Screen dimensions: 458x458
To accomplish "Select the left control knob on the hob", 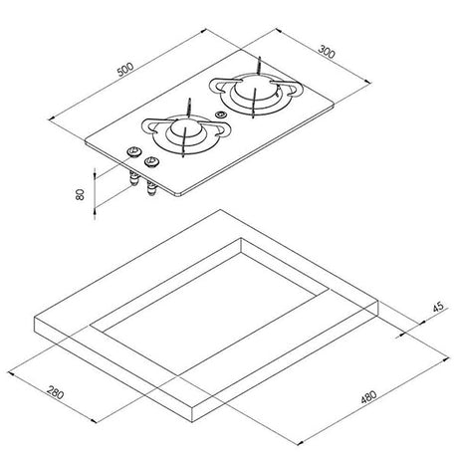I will (129, 151).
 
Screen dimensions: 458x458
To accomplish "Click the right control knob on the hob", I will (151, 162).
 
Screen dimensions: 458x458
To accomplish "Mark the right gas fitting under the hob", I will (151, 191).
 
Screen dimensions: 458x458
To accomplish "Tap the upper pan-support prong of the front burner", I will (188, 105).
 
